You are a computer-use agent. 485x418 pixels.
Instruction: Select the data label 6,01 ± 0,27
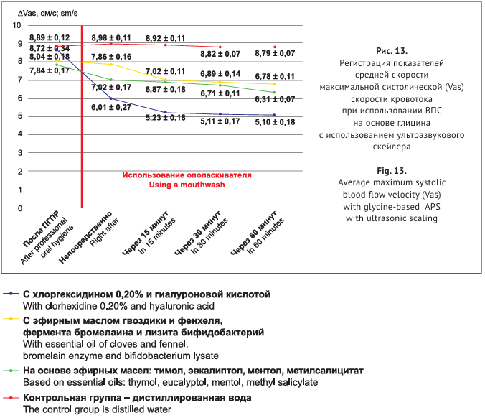point(110,107)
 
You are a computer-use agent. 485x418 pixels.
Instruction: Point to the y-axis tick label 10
point(17,25)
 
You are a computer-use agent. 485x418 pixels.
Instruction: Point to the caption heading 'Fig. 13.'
point(391,171)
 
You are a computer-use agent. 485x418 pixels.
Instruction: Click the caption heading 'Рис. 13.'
point(391,51)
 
